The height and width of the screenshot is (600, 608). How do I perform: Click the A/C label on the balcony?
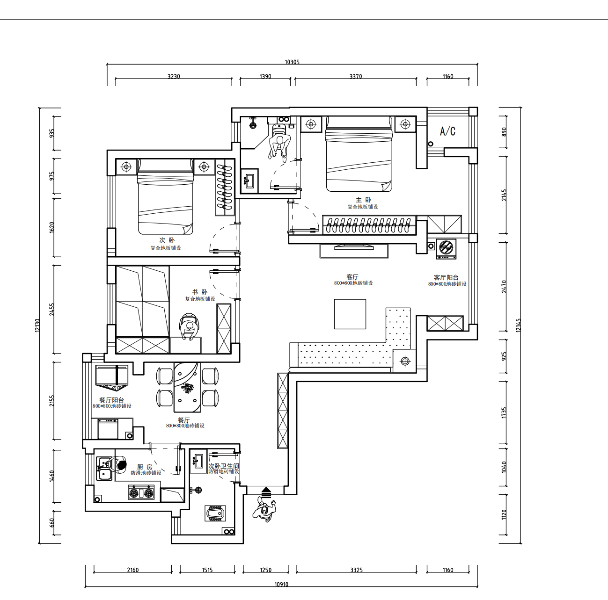pos(447,131)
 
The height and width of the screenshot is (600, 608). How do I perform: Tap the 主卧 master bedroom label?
pos(363,200)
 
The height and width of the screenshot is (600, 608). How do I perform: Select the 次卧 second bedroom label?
pos(166,240)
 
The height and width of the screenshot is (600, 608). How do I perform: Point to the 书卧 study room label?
pos(199,292)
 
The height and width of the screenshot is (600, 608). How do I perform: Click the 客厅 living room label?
pos(352,277)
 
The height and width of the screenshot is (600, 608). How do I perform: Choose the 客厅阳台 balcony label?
pos(446,278)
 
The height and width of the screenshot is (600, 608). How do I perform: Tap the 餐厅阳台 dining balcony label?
pos(111,400)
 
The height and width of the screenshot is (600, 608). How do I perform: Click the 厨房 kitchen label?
pos(145,467)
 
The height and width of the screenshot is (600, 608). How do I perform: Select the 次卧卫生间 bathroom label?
pos(224,466)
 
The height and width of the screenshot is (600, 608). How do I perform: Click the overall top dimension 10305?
pos(292,62)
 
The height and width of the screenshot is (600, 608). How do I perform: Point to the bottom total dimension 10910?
pos(281,585)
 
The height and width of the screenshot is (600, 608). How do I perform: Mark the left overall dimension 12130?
pos(37,325)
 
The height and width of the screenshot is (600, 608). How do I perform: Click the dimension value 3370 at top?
pos(356,77)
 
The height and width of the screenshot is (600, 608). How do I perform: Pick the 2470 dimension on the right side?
pos(504,286)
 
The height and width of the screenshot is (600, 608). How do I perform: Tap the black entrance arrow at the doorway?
pos(266,492)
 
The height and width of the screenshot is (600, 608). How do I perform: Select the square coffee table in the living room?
pos(350,314)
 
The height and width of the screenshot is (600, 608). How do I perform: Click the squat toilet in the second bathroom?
pos(215,513)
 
